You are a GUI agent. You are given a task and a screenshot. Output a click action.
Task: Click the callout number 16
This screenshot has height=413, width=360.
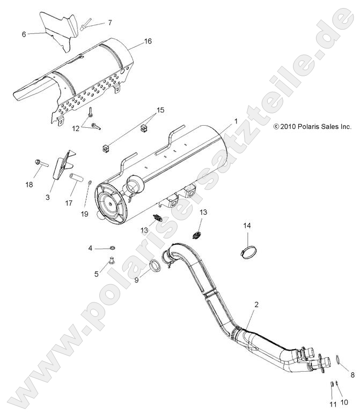pyautogui.click(x=148, y=40)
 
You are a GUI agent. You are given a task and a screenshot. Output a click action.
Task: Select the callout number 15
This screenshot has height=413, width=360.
pyautogui.click(x=159, y=110)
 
